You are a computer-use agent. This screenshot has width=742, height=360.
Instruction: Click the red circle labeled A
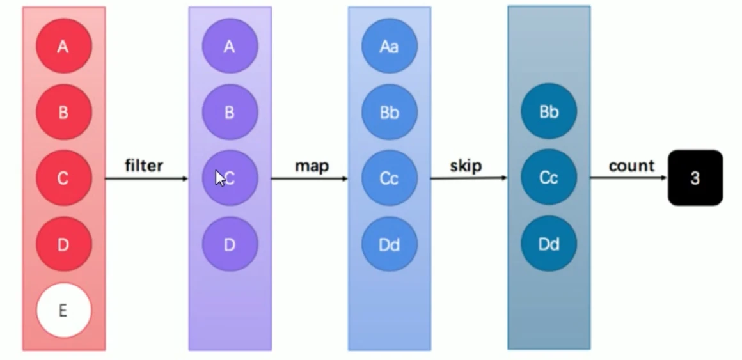63,47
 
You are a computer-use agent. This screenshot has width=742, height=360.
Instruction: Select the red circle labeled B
63,113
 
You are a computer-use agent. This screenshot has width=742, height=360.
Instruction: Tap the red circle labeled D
63,244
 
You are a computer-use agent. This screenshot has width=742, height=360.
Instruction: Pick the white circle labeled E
63,310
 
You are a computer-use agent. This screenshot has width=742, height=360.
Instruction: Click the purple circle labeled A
230,47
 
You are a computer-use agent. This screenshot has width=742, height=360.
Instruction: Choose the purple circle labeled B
230,113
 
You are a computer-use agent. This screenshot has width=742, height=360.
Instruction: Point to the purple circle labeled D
230,244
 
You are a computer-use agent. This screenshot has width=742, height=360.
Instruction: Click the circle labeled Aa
389,47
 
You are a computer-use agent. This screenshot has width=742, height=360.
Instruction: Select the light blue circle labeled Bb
389,113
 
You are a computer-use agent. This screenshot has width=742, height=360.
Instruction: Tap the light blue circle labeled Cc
389,178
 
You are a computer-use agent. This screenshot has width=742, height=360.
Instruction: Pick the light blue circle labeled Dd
389,244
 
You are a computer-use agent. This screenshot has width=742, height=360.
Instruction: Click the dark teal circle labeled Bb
549,113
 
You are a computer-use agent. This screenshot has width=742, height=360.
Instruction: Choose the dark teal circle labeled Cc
549,178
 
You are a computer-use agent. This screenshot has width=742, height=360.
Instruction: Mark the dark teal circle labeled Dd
549,244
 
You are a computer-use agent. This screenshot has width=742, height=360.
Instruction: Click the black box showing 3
695,178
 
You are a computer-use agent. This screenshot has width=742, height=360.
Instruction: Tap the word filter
144,166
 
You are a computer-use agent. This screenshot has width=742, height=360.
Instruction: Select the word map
312,166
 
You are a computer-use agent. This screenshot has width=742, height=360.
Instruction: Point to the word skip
466,166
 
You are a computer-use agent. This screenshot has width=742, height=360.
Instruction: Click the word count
631,166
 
